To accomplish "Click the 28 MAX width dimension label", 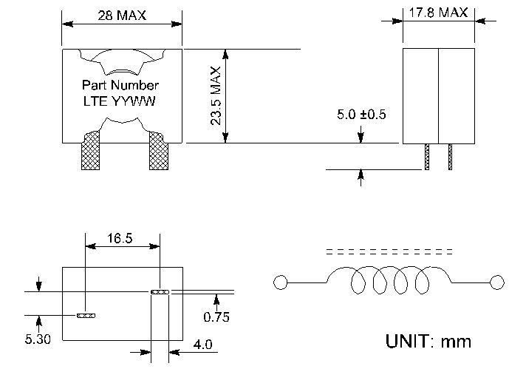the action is pos(122,16).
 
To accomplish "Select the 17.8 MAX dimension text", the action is pos(438,13).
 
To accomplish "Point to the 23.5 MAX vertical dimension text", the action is pos(216,96).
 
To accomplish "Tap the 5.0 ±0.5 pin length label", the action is pos(361,115).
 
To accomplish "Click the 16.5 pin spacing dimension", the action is pos(120,238).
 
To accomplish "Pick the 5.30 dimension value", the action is pos(38,339).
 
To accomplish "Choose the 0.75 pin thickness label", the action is pos(216,316).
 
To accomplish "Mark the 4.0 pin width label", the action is pos(203,345).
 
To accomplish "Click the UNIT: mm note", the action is pos(428,341).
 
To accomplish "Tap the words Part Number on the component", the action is pos(120,85).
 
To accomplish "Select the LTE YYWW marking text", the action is pos(119,101).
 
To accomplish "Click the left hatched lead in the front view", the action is pos(91,150).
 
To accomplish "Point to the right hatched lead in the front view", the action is pos(159,150).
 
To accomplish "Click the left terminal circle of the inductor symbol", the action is pos(281,282).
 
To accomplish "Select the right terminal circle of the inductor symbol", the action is pos(497,282).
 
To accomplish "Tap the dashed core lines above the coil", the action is pos(389,251).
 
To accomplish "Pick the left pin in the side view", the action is pos(427,157).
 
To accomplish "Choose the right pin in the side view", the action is pos(450,157).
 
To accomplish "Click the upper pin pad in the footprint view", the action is pos(160,291).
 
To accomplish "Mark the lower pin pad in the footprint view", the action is pos(86,316).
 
